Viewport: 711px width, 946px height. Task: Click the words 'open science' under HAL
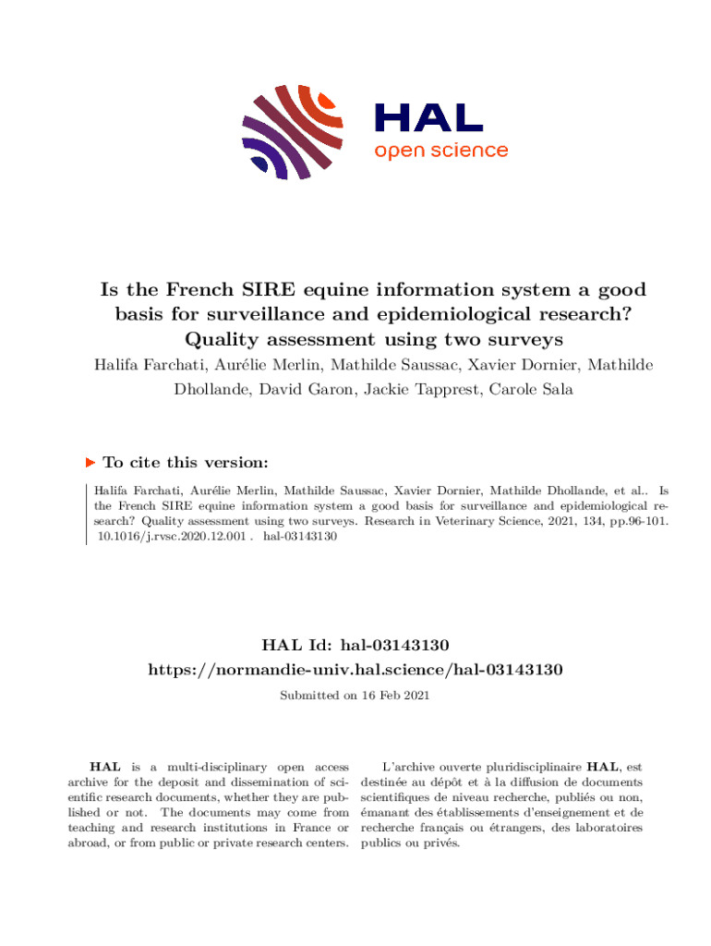[440, 150]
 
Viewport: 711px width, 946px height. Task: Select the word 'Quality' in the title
[234, 338]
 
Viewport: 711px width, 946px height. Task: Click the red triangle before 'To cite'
[90, 462]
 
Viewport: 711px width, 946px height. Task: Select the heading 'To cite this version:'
[186, 462]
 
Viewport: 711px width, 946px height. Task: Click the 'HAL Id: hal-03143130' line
[355, 643]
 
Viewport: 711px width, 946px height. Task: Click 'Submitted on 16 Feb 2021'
[355, 695]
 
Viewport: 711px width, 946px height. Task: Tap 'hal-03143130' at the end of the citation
[299, 536]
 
